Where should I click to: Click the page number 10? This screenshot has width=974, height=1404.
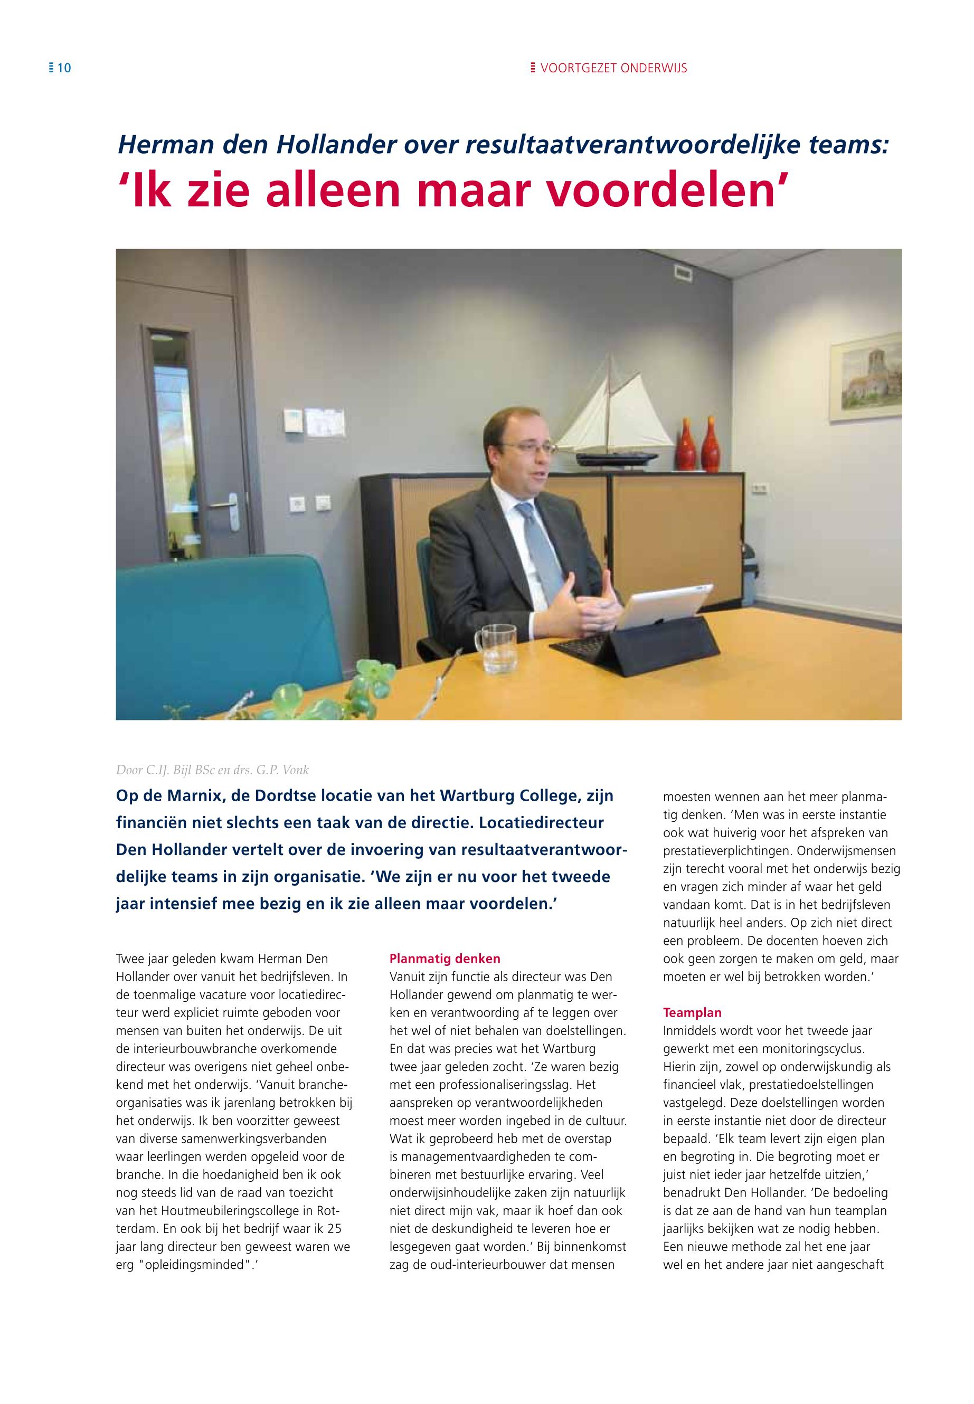coord(64,68)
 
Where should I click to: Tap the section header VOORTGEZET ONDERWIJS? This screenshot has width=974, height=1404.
coord(613,68)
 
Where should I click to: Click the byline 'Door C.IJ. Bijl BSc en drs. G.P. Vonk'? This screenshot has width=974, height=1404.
coord(212,770)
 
